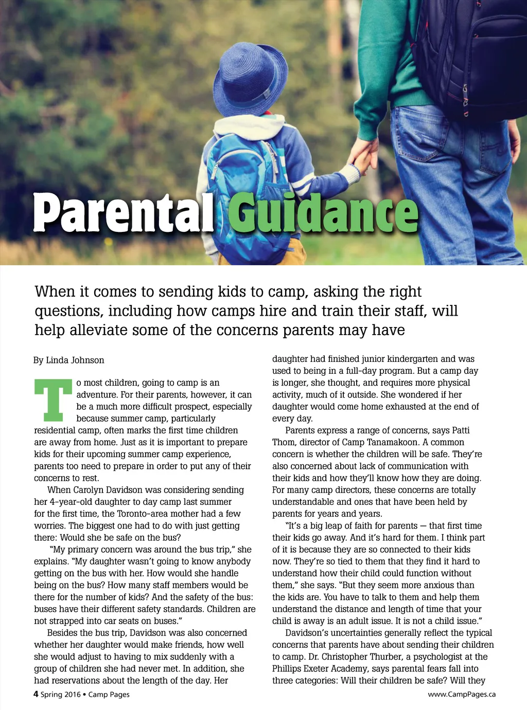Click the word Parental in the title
point(124,212)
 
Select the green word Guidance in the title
point(323,212)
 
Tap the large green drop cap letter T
point(53,400)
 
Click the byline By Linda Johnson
point(69,360)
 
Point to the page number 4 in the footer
point(36,694)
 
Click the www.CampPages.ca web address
point(462,694)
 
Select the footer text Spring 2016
point(61,695)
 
